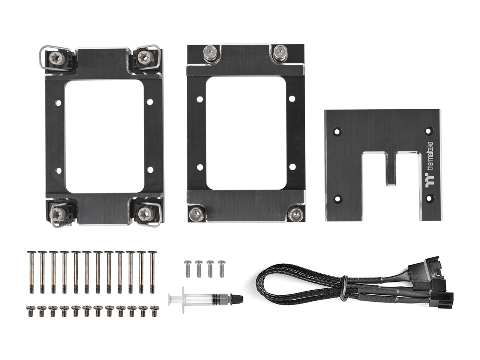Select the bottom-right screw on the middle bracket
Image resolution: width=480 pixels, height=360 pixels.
pyautogui.click(x=292, y=214)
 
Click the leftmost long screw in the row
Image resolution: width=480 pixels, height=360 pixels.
pyautogui.click(x=31, y=272)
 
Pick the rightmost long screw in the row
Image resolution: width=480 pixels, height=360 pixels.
pyautogui.click(x=152, y=272)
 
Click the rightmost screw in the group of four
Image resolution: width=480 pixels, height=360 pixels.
pyautogui.click(x=221, y=268)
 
